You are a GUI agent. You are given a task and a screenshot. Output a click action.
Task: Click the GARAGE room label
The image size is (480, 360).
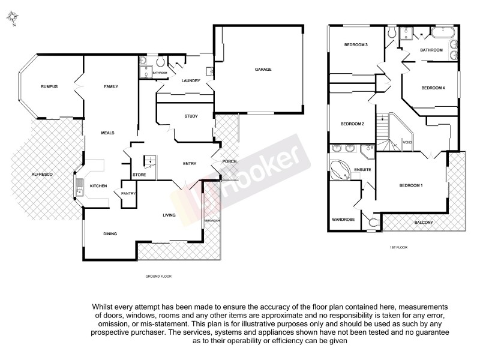pyautogui.click(x=263, y=70)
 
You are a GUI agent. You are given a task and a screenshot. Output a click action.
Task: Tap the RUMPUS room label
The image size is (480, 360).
pyautogui.click(x=49, y=87)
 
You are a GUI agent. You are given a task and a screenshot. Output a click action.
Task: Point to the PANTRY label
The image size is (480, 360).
pyautogui.click(x=128, y=193)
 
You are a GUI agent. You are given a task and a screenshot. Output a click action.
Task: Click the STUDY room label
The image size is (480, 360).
pyautogui.click(x=191, y=116)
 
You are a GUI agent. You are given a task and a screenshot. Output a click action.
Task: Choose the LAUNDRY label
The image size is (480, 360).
pyautogui.click(x=191, y=80)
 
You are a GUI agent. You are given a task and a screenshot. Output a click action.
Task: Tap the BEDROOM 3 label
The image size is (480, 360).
pyautogui.click(x=355, y=45)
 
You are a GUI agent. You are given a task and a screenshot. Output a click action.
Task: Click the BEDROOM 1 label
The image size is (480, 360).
pyautogui.click(x=411, y=185)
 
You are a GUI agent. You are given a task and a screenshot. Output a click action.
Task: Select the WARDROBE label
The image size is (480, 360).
pyautogui.click(x=344, y=220)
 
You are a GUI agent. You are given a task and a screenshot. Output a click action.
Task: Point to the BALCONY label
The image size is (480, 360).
pyautogui.click(x=423, y=223)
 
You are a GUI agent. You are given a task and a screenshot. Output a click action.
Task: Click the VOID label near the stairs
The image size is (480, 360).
pyautogui.click(x=407, y=142)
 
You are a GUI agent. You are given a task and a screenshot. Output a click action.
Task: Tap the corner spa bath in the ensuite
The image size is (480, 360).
pyautogui.click(x=342, y=170)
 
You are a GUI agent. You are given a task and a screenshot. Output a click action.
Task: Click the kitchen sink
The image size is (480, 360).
pyautogui.click(x=78, y=185)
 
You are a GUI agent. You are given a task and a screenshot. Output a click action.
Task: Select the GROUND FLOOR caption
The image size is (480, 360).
pyautogui.click(x=158, y=277)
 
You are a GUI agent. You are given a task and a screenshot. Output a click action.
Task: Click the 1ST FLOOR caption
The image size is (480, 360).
pyautogui.click(x=398, y=247)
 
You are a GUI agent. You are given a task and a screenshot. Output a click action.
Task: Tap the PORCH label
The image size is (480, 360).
pyautogui.click(x=229, y=161)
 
